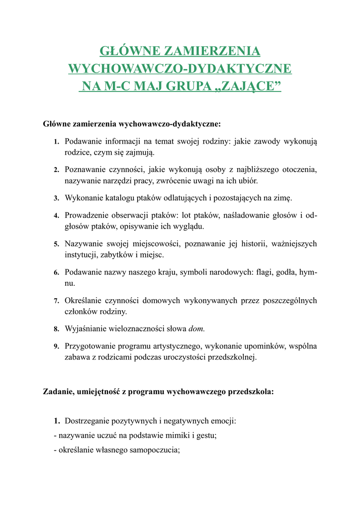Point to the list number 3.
tap(57, 198)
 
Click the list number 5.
tap(57, 244)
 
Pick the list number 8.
tap(57, 329)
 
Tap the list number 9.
tap(57, 346)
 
